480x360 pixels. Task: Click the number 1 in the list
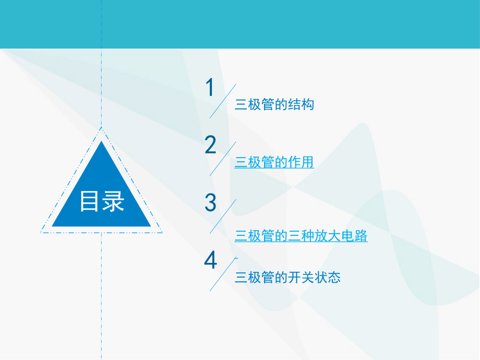[x=210, y=88]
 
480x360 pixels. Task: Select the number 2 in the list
[x=210, y=145]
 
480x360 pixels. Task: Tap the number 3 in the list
[x=210, y=202]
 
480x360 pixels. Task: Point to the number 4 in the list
[x=210, y=260]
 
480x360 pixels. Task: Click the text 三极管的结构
[x=274, y=105]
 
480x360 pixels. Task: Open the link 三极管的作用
[x=274, y=163]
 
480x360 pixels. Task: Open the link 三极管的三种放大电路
[x=301, y=236]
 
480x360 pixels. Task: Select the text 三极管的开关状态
[x=287, y=278]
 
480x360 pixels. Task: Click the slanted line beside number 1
[x=223, y=101]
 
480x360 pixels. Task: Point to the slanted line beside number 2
[x=223, y=159]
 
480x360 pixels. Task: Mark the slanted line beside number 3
[x=223, y=216]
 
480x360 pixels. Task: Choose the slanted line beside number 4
[x=223, y=274]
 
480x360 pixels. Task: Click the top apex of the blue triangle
[x=102, y=142]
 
